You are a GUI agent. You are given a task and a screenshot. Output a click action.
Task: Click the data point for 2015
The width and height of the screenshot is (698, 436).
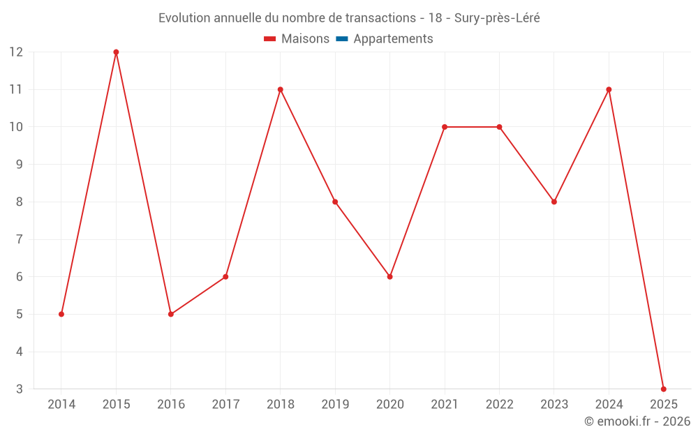pos(116,52)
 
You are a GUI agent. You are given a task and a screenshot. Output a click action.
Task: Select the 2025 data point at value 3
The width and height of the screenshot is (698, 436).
pos(663,389)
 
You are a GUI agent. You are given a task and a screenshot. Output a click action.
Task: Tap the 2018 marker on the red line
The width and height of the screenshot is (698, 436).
pos(280,89)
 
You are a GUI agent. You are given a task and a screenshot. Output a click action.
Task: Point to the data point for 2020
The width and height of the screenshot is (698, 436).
pos(389,277)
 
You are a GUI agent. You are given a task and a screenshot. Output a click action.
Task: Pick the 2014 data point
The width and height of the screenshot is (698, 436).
pos(61,314)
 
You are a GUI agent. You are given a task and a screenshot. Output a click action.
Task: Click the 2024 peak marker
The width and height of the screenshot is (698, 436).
pos(609,89)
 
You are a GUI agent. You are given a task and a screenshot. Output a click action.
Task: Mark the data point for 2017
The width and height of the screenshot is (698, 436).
pos(225,277)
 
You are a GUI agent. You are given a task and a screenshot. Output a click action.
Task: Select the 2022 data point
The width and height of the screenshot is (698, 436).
pos(499,127)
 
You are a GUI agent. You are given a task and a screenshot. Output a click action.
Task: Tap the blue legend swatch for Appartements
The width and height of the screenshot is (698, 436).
pos(341,39)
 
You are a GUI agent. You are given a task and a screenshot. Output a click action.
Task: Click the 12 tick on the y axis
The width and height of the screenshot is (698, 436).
pos(16,52)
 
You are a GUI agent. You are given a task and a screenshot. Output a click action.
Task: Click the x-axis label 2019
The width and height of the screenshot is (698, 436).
pos(335,405)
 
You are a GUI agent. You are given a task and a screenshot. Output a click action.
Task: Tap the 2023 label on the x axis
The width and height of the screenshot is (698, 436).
pos(554,405)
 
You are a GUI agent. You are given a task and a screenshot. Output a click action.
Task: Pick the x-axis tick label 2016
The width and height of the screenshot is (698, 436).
pos(171,405)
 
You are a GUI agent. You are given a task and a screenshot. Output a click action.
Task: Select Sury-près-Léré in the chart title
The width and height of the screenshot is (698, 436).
pos(497,18)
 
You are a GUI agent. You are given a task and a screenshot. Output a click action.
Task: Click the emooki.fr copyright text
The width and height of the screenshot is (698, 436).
pos(637,421)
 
